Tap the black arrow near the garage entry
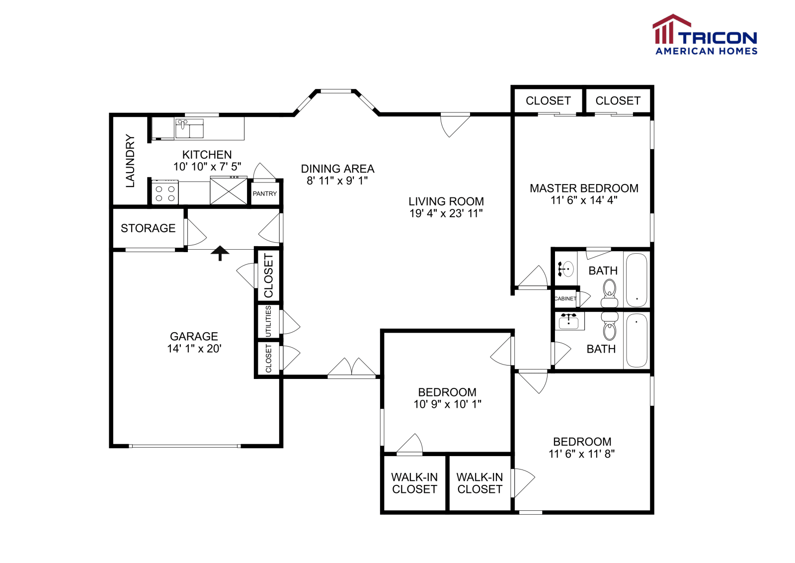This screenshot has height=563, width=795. pos(220,253)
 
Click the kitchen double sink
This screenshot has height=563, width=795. pos(189,128)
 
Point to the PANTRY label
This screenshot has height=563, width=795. pos(264,193)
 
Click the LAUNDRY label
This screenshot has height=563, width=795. pos(130,161)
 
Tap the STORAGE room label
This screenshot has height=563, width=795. pos(148,228)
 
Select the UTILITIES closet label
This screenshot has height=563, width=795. pos(268,321)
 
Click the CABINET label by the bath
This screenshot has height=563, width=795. pos(565,298)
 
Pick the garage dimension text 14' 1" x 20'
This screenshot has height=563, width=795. pos(194,349)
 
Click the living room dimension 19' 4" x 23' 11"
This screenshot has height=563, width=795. pos(446,213)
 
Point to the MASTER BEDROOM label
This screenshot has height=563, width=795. pos(584,188)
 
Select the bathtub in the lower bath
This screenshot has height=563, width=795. pos(636,340)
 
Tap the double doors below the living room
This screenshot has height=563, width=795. pos(352,368)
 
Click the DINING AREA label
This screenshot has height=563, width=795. pos(337,169)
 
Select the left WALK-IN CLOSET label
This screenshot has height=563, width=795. pos(414,483)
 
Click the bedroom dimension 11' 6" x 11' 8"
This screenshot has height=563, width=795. pos(581,454)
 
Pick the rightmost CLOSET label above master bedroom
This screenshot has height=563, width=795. pos(618,101)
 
